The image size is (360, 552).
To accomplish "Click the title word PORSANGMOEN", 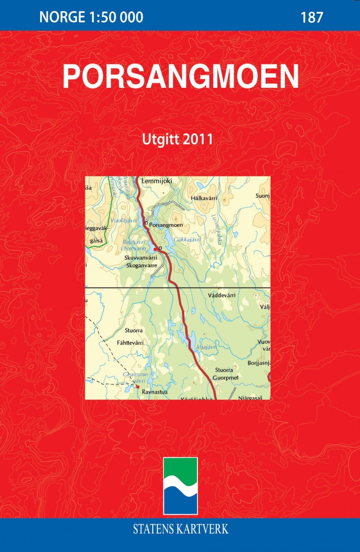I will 180,76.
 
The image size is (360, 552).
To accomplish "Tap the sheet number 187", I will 312,17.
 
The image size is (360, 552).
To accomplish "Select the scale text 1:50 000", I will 114,17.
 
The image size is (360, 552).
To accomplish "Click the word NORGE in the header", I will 60,17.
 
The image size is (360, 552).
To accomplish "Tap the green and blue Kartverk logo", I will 180,486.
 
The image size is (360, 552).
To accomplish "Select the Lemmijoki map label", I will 157,181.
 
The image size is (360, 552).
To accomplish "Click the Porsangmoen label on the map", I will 167,225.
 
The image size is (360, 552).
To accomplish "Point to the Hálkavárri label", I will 203,198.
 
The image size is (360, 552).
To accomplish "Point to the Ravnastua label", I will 154,392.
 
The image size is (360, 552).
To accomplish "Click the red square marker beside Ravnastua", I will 137,387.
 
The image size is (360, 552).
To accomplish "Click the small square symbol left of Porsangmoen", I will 146,224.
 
